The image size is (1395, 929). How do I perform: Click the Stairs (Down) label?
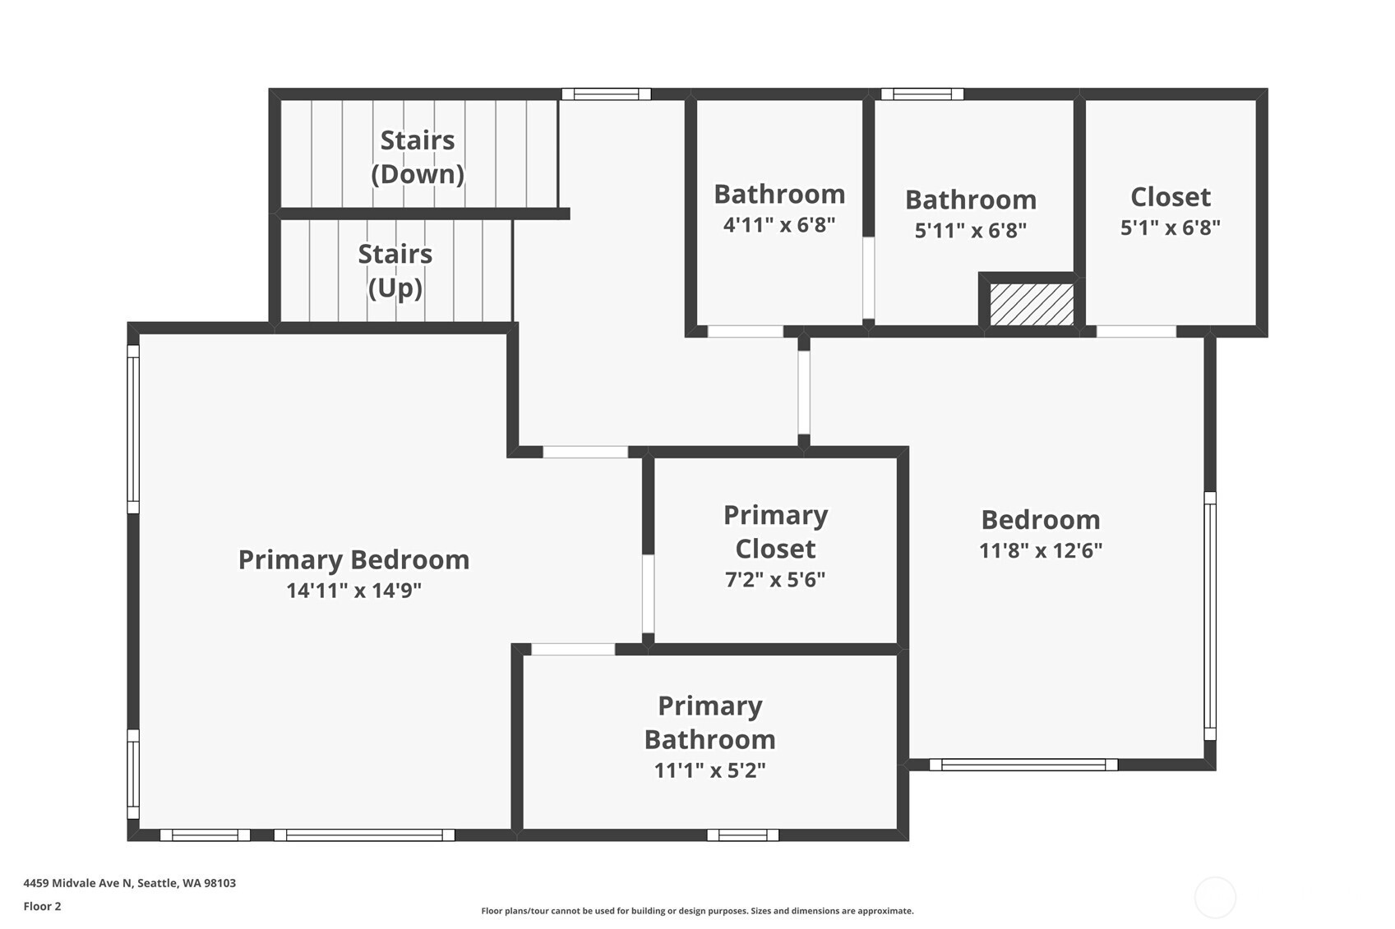tap(418, 157)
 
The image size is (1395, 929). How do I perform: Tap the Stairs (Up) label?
tap(395, 271)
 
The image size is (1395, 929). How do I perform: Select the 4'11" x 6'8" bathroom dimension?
tap(779, 224)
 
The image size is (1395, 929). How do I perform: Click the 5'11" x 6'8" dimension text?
tap(970, 230)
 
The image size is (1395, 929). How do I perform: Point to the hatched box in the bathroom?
tap(1032, 304)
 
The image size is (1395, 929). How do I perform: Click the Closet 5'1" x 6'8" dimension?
tap(1171, 228)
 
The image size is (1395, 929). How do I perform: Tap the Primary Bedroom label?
tap(353, 559)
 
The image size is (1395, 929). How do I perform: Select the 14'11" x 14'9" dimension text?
tap(353, 590)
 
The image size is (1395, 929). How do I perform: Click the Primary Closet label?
tap(775, 532)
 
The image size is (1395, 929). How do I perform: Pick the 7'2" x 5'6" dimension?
tap(775, 579)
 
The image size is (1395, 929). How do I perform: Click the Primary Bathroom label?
tap(710, 723)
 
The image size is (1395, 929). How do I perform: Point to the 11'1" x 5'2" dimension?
tap(710, 770)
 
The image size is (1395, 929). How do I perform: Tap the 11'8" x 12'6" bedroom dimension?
tap(1041, 550)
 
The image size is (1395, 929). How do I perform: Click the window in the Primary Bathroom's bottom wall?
tap(743, 835)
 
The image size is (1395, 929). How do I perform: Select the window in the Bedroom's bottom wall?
tap(1023, 765)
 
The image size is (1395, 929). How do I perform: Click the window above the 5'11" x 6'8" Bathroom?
tap(922, 94)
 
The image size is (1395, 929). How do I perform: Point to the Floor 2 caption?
tap(43, 906)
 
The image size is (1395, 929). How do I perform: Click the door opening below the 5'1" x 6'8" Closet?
tap(1137, 331)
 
